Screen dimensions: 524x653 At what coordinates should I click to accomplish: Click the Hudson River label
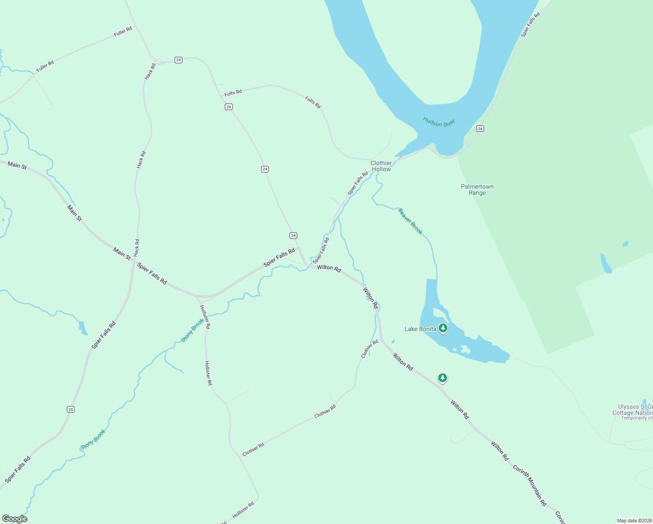439,123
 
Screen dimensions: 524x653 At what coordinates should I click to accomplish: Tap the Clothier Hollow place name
381,166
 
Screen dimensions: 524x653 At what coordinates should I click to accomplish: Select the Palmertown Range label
477,190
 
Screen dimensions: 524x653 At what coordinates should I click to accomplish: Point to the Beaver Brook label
410,221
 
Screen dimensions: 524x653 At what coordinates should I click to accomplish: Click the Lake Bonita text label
420,329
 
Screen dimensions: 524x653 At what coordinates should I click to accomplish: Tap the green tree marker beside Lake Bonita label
443,328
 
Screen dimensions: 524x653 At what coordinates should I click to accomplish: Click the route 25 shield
71,409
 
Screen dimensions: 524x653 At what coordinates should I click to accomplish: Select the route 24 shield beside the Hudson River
480,128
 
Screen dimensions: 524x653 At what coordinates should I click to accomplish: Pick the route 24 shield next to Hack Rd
178,60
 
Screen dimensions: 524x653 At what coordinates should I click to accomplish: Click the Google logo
15,519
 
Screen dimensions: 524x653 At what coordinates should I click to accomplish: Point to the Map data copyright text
634,521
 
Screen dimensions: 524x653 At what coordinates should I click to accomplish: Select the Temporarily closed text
637,418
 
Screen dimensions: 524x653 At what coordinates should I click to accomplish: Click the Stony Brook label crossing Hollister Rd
192,330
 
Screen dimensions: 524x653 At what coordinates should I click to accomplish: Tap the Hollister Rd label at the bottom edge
243,510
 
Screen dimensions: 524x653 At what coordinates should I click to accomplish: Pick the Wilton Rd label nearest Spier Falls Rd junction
329,268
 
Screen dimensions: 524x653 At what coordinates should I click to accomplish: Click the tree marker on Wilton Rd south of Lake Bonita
443,378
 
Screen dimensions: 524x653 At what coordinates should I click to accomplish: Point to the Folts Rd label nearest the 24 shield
233,93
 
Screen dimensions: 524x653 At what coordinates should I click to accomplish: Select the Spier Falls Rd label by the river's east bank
530,24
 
